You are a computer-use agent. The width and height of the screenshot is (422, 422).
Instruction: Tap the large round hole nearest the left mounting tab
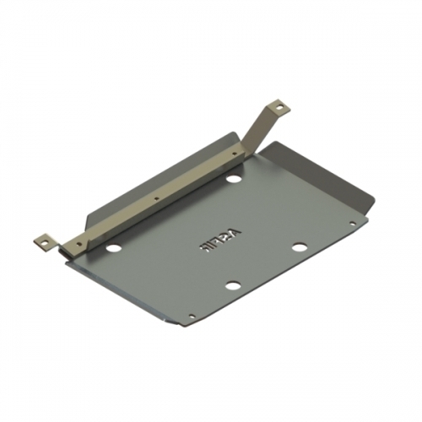[x=114, y=249]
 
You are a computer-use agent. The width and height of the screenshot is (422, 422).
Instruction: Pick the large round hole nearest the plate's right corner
[x=298, y=247]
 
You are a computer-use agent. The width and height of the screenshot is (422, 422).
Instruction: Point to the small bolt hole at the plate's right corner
[x=353, y=224]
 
